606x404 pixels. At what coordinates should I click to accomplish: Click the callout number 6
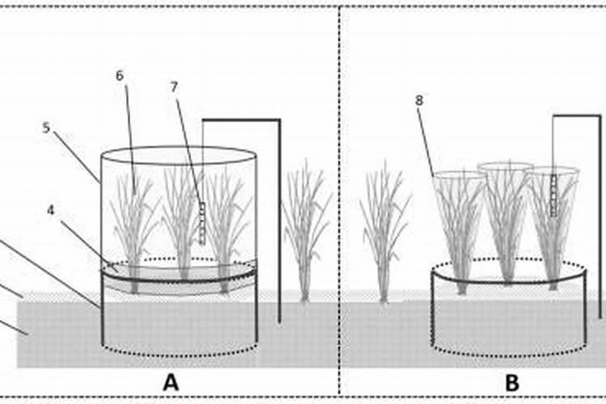[120, 76]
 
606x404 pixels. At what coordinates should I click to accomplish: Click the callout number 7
[174, 86]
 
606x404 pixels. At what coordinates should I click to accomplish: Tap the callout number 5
[46, 128]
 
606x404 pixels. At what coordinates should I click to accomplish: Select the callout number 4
[50, 210]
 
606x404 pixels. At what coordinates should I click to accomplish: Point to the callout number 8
[419, 101]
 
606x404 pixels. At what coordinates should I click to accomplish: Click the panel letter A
[170, 382]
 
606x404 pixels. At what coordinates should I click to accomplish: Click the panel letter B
[511, 382]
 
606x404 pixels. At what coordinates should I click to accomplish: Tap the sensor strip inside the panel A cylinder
[202, 222]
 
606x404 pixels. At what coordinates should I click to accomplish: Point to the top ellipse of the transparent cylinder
[179, 154]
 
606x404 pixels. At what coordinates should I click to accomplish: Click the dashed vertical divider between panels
[339, 202]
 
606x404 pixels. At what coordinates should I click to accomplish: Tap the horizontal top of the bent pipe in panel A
[241, 120]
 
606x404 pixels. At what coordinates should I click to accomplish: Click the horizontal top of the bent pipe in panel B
[577, 116]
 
